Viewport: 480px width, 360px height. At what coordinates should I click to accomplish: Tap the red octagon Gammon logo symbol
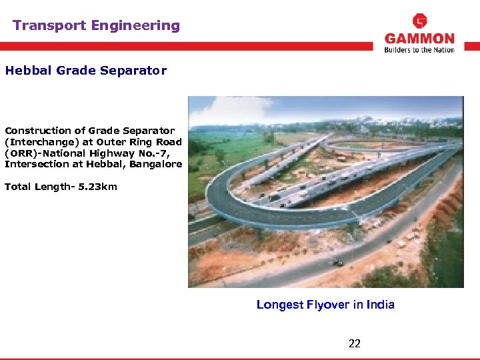pos(420,21)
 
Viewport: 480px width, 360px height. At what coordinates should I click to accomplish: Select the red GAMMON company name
pos(419,39)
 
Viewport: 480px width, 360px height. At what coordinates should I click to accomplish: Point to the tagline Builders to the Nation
pos(419,50)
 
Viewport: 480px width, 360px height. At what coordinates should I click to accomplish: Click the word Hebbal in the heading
pos(25,70)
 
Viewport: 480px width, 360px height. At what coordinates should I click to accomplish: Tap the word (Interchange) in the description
pos(39,142)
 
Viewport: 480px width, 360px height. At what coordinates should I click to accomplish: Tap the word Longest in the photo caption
pos(279,305)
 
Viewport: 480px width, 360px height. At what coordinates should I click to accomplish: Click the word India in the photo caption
pos(380,305)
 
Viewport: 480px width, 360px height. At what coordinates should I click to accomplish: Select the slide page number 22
pos(355,343)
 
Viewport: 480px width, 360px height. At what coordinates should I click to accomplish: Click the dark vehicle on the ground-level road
pos(339,263)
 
